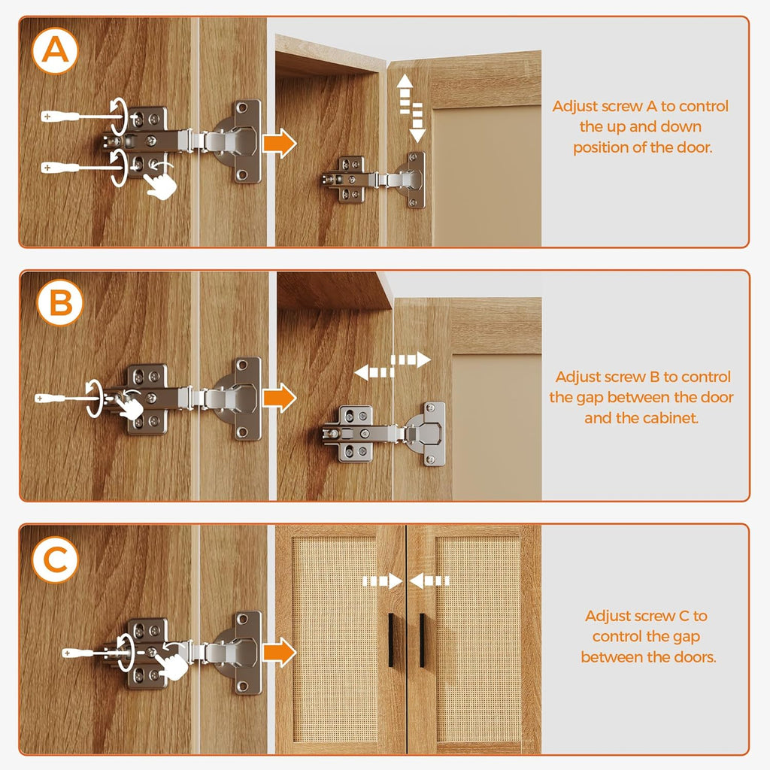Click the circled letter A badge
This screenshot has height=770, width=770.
pos(55,50)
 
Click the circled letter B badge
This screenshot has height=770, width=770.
pos(60,302)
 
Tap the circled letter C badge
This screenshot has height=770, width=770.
pos(55,559)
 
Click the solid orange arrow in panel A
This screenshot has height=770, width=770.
pos(280,143)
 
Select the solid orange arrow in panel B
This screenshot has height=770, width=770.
pos(280,397)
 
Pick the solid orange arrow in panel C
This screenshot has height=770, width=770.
pos(280,652)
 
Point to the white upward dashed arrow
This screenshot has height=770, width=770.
pos(405,94)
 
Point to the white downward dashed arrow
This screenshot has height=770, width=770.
pos(417,123)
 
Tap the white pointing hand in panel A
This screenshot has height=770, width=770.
pos(160,183)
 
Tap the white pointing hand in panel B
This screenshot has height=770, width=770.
pos(129,406)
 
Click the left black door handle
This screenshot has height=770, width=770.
pos(391,640)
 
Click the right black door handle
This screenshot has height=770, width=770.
pos(422,640)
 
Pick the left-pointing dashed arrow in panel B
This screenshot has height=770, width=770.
pos(374,373)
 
